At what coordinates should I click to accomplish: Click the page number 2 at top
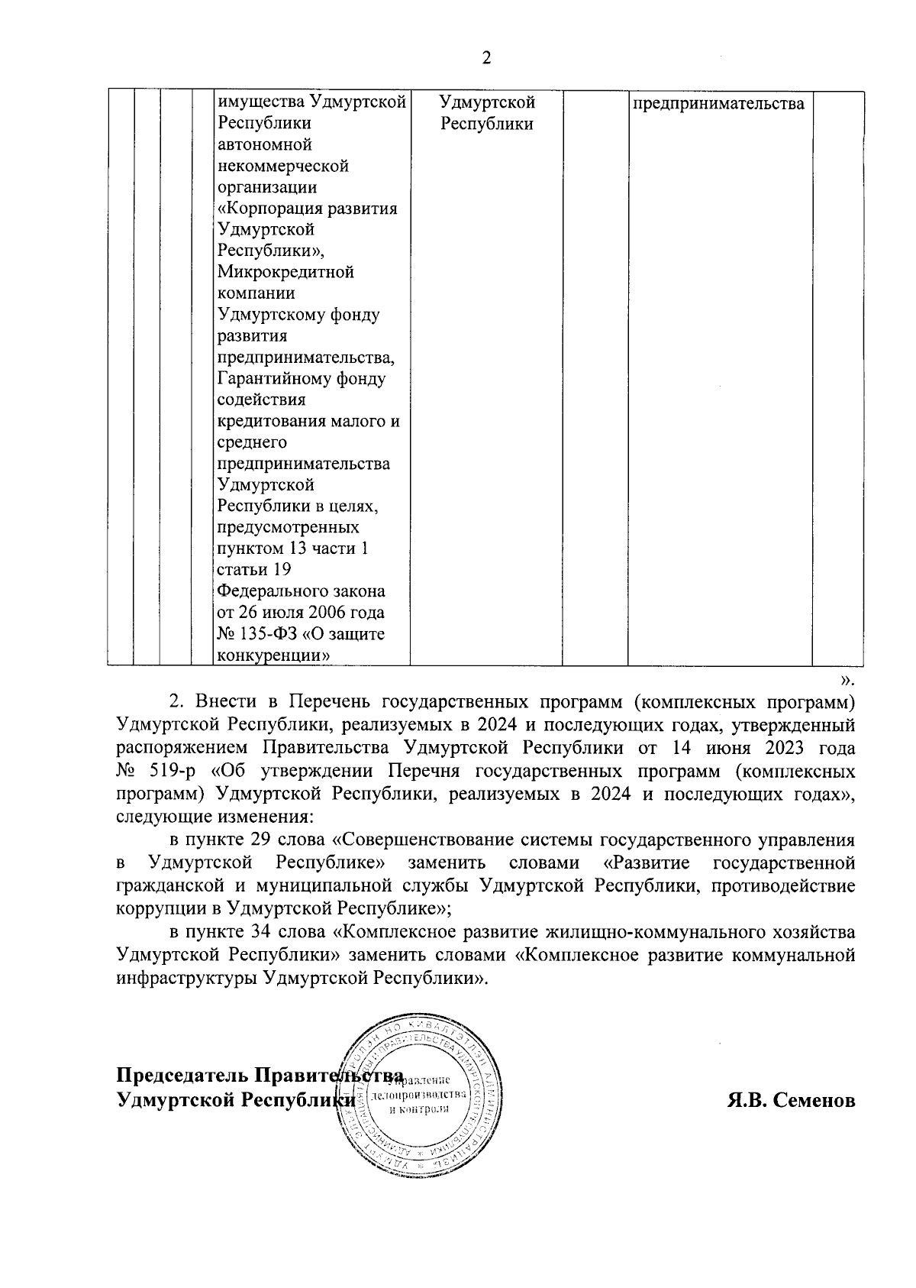[x=486, y=59]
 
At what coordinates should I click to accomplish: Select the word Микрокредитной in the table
[x=285, y=273]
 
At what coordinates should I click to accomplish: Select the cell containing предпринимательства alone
[x=718, y=103]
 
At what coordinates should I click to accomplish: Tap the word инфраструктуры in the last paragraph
[x=183, y=978]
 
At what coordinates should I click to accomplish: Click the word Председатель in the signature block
[x=182, y=1076]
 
